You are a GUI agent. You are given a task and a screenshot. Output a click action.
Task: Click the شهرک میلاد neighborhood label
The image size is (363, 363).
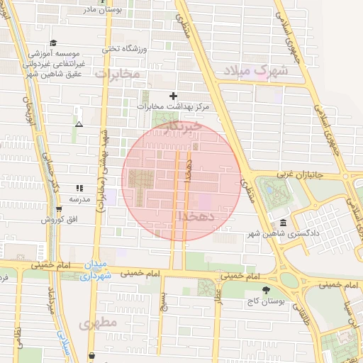tap(256, 72)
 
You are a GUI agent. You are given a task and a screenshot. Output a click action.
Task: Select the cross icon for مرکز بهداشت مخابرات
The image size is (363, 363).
tap(173, 96)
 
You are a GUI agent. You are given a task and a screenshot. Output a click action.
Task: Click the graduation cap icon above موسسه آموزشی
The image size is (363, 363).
tap(53, 43)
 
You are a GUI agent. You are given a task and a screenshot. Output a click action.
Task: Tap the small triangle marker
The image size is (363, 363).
tap(79, 124)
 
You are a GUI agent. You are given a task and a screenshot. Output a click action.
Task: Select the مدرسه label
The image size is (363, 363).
tap(79, 199)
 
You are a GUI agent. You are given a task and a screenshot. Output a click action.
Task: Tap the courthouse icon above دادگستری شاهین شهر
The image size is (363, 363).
tap(283, 223)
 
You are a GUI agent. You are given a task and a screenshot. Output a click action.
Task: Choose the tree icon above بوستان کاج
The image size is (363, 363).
tap(266, 289)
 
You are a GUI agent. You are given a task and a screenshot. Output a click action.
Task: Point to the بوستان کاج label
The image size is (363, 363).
tap(266, 301)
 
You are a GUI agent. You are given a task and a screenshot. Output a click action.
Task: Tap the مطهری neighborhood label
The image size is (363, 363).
tap(97, 324)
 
